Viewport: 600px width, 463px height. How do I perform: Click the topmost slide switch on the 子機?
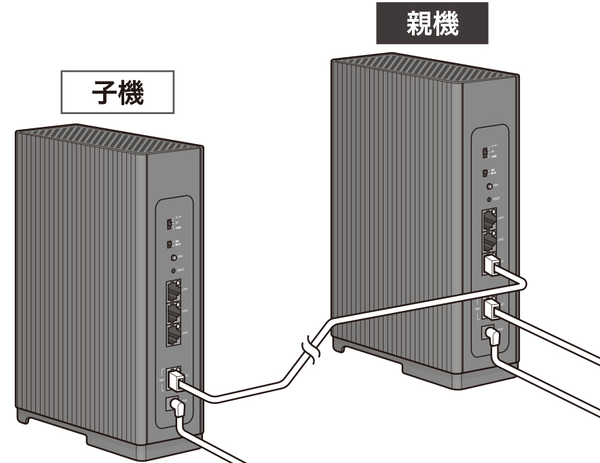pos(170,223)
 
